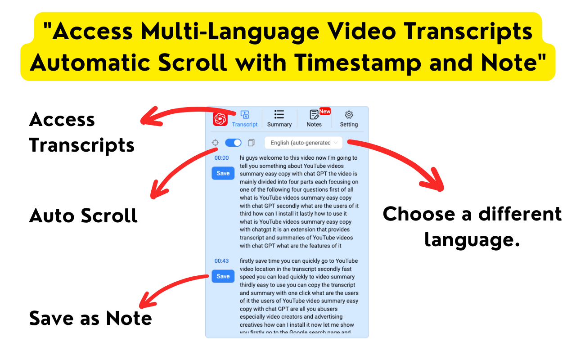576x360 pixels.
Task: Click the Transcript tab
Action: (x=245, y=119)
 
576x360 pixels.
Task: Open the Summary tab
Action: (x=279, y=119)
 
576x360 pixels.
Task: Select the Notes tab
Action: (x=314, y=119)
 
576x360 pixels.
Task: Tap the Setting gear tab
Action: (x=349, y=119)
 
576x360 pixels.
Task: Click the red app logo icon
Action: (x=220, y=119)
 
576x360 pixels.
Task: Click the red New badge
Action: (x=325, y=111)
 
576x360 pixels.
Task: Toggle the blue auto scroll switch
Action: (x=233, y=143)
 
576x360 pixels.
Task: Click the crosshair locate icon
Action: (x=216, y=143)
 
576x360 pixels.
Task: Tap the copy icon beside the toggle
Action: (x=251, y=143)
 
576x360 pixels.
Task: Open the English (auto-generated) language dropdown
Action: (x=304, y=143)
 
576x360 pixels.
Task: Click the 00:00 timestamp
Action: (x=221, y=158)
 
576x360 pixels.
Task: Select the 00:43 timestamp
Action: (x=221, y=261)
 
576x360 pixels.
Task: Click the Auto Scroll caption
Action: (x=83, y=216)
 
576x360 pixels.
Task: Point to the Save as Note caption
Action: (x=90, y=318)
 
